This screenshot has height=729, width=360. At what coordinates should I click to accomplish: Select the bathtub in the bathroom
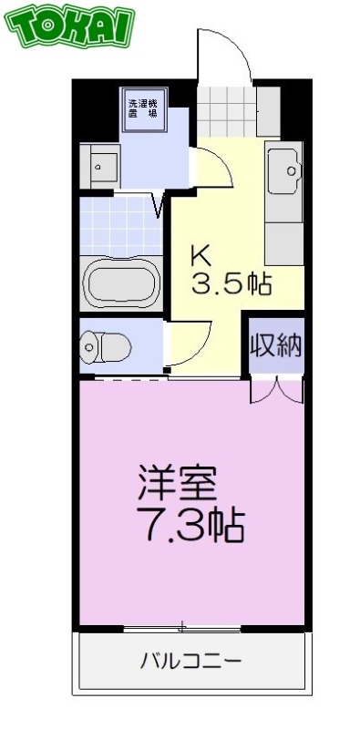pyautogui.click(x=121, y=284)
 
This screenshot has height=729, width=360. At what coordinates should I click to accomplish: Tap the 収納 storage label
pyautogui.click(x=274, y=346)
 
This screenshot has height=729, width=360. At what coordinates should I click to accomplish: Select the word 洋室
pyautogui.click(x=179, y=483)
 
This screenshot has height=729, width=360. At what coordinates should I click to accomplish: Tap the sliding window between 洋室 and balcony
pyautogui.click(x=187, y=628)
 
